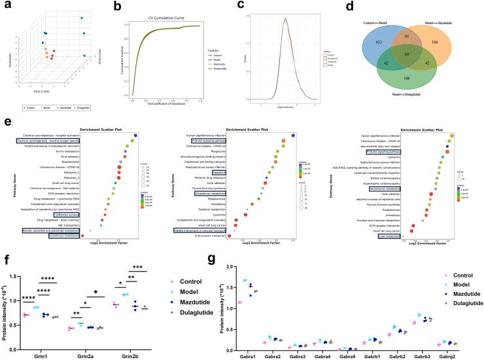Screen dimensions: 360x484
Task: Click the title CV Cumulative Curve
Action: tap(160, 16)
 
